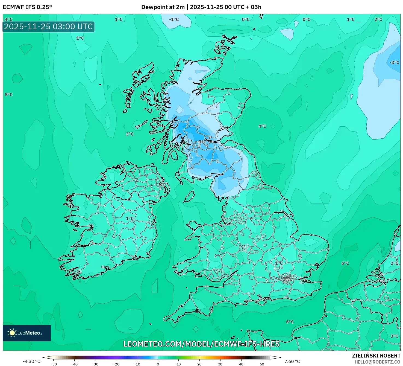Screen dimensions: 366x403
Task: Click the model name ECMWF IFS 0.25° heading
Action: click(x=27, y=7)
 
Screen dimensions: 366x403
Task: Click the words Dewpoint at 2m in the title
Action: click(x=163, y=7)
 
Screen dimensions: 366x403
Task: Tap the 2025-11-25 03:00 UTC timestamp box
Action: click(x=48, y=27)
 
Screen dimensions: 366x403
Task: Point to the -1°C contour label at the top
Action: click(x=174, y=19)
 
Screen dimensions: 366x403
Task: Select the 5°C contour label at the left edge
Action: click(x=8, y=95)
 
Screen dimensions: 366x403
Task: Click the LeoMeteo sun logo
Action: click(x=12, y=333)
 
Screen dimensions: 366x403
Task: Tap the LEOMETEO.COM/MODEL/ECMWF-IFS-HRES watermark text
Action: click(x=201, y=344)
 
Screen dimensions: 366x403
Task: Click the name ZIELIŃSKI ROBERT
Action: click(x=376, y=356)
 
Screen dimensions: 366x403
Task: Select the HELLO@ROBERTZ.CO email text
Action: click(x=377, y=362)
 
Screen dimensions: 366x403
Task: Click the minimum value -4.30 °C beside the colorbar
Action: click(x=31, y=361)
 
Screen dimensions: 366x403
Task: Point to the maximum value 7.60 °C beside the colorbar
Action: click(x=292, y=361)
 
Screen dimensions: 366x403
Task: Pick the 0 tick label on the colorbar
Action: click(x=158, y=364)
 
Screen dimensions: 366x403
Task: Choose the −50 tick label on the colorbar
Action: click(x=54, y=364)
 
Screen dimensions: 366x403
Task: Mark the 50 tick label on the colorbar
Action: click(x=262, y=364)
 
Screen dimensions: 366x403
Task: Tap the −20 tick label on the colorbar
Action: click(x=116, y=364)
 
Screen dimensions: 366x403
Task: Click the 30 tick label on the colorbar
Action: click(x=220, y=364)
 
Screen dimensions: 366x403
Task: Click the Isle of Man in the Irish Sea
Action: click(x=189, y=196)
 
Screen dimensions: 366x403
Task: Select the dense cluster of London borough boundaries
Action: click(x=287, y=279)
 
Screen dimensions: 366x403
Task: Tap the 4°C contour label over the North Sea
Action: click(x=262, y=126)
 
